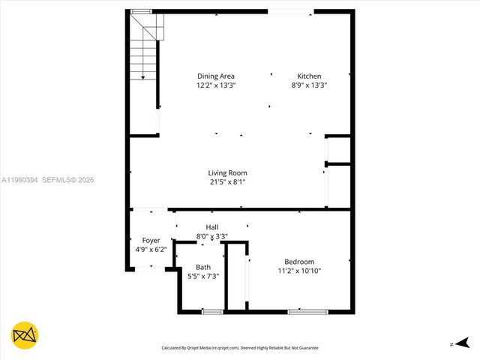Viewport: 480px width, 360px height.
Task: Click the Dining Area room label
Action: click(216, 76)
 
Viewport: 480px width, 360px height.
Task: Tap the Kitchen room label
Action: click(309, 76)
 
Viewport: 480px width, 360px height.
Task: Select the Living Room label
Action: click(227, 173)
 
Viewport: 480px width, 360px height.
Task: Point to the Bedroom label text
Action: click(299, 262)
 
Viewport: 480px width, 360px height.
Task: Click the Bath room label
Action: click(202, 267)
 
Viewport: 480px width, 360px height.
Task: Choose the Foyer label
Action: click(151, 241)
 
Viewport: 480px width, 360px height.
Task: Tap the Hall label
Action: click(211, 227)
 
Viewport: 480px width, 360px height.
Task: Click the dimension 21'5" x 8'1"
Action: click(227, 181)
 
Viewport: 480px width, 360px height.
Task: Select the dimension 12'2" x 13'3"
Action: click(216, 85)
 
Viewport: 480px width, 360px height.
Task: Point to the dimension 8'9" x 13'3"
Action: click(309, 85)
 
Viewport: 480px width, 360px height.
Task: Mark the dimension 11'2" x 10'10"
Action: click(299, 271)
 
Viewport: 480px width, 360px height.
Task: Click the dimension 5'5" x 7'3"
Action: click(202, 276)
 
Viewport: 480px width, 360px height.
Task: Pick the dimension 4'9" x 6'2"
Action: click(151, 250)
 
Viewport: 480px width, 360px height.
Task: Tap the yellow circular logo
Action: click(25, 335)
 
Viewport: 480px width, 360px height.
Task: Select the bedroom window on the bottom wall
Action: click(307, 311)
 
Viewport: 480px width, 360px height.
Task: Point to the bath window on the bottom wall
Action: click(212, 311)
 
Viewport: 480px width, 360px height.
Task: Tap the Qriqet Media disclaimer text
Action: click(240, 348)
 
